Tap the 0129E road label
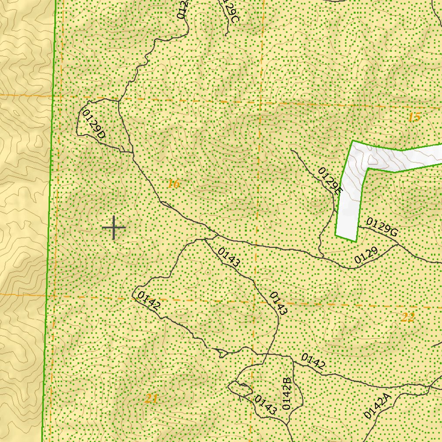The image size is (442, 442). (x=330, y=181)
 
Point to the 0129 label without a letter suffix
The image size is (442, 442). (x=366, y=256)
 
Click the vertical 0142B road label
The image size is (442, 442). (x=287, y=394)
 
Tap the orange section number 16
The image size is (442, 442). (x=173, y=184)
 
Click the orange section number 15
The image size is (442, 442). (x=414, y=117)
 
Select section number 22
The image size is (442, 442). (x=407, y=318)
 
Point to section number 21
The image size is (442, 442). (x=151, y=399)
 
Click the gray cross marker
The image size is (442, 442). (x=114, y=227)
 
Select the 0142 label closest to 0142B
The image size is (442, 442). (x=313, y=361)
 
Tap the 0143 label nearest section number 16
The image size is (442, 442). (x=229, y=257)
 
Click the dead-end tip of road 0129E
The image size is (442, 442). (x=291, y=150)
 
